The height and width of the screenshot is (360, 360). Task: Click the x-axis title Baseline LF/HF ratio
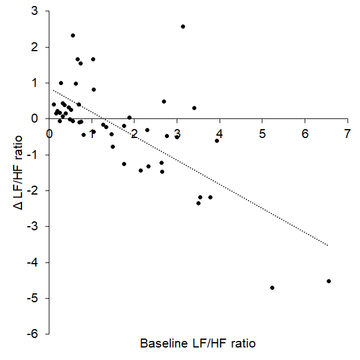(x=198, y=344)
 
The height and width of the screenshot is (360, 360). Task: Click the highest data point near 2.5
(x=183, y=26)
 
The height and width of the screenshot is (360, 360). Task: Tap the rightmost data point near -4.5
(x=328, y=281)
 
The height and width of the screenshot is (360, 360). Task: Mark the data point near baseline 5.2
(x=272, y=287)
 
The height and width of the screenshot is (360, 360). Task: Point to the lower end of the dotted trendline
(x=327, y=245)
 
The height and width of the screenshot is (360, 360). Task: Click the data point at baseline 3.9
(x=217, y=140)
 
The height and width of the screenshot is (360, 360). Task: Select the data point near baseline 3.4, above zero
(x=194, y=108)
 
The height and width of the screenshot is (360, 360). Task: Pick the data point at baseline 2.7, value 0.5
(x=164, y=101)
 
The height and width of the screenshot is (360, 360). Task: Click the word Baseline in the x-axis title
(x=162, y=344)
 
